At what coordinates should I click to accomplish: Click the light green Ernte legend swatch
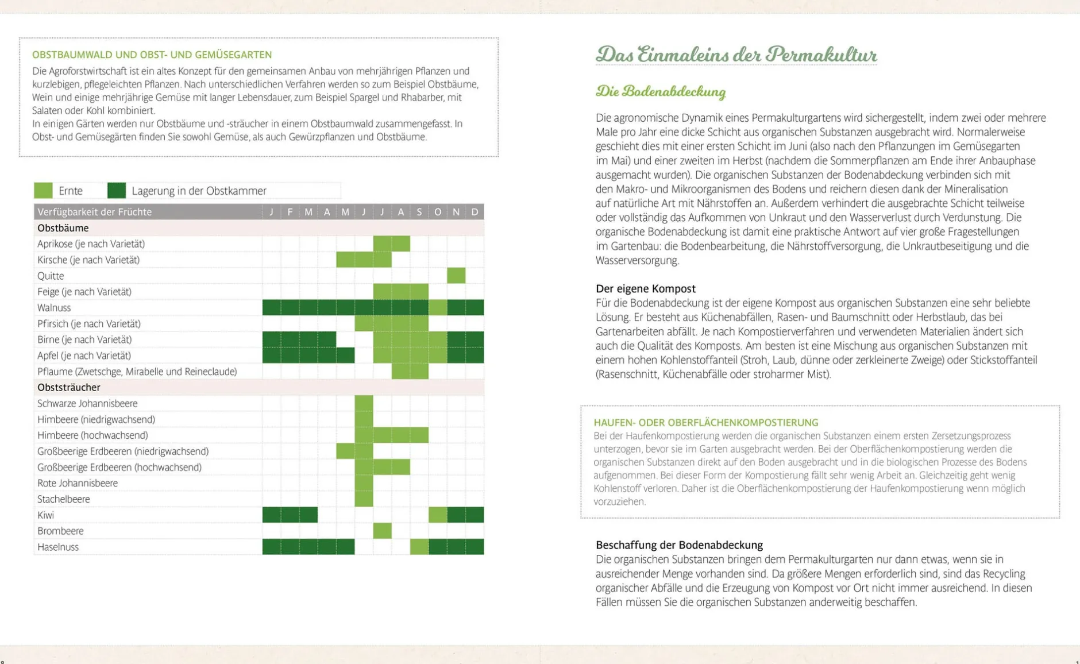(43, 190)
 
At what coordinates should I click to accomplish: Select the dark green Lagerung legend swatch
(117, 190)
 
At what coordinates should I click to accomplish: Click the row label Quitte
(51, 276)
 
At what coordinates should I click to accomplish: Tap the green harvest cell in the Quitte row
(456, 276)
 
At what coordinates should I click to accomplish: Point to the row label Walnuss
(54, 308)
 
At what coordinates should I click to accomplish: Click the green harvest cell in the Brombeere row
(382, 531)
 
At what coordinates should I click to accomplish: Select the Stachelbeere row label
(63, 499)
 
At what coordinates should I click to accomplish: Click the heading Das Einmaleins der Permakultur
(736, 55)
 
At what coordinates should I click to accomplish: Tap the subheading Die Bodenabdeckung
(661, 92)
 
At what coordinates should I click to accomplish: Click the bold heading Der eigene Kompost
(645, 288)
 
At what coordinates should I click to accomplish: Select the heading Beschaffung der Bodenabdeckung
(679, 545)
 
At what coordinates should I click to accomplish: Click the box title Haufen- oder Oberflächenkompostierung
(705, 422)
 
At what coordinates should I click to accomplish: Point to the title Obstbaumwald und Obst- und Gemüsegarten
(152, 55)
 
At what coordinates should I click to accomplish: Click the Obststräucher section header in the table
(69, 388)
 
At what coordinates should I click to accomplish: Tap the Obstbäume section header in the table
(63, 228)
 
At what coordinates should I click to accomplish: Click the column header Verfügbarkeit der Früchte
(95, 212)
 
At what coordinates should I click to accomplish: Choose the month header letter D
(475, 212)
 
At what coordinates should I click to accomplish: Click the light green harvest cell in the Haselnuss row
(419, 547)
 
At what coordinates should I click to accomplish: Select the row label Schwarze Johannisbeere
(87, 404)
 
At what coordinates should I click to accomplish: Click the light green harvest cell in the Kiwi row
(438, 515)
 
